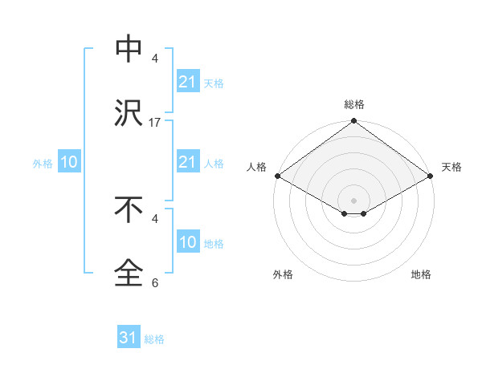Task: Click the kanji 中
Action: [129, 50]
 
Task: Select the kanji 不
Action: [129, 209]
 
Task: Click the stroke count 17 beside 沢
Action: [155, 123]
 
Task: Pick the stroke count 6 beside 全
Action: [155, 282]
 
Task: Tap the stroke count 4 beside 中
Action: [155, 59]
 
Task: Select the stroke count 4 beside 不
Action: [155, 218]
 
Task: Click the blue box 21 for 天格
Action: [187, 82]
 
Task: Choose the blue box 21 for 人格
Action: [187, 162]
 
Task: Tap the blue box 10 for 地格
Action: [187, 242]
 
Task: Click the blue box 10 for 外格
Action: [69, 162]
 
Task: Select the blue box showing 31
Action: [129, 338]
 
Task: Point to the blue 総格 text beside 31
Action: [154, 339]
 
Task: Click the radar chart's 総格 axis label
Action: [354, 104]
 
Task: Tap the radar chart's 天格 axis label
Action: [451, 167]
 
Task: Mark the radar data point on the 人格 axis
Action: [277, 176]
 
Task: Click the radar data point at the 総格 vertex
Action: [353, 122]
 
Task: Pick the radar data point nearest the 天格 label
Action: [431, 176]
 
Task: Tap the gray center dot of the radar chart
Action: [353, 200]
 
